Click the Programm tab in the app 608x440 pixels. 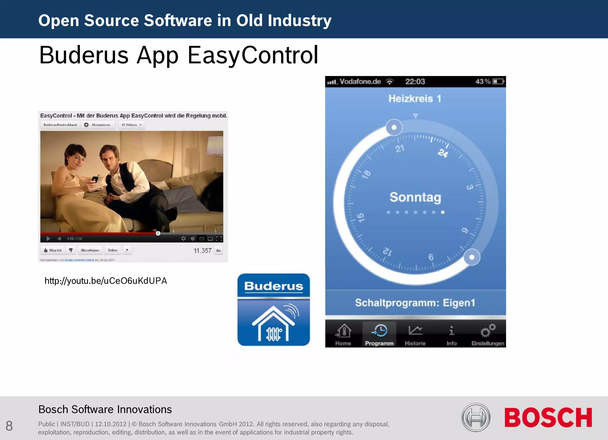pyautogui.click(x=379, y=335)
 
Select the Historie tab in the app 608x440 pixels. pyautogui.click(x=415, y=335)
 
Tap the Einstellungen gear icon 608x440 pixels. pyautogui.click(x=488, y=331)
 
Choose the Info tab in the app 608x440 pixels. pyautogui.click(x=452, y=335)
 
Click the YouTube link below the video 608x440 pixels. pyautogui.click(x=106, y=281)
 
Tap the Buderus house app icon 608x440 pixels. pyautogui.click(x=273, y=310)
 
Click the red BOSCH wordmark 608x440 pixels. pyautogui.click(x=548, y=417)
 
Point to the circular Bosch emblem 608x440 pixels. pyautogui.click(x=476, y=417)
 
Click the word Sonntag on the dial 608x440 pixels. pyautogui.click(x=415, y=197)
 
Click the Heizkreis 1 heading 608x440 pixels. pyautogui.click(x=415, y=99)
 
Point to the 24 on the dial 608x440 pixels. pyautogui.click(x=443, y=153)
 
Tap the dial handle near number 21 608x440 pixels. pyautogui.click(x=394, y=127)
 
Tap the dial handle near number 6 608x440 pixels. pyautogui.click(x=472, y=257)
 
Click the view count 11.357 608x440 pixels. pyautogui.click(x=202, y=251)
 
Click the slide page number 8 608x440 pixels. pyautogui.click(x=9, y=426)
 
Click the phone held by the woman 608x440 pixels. pyautogui.click(x=95, y=179)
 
